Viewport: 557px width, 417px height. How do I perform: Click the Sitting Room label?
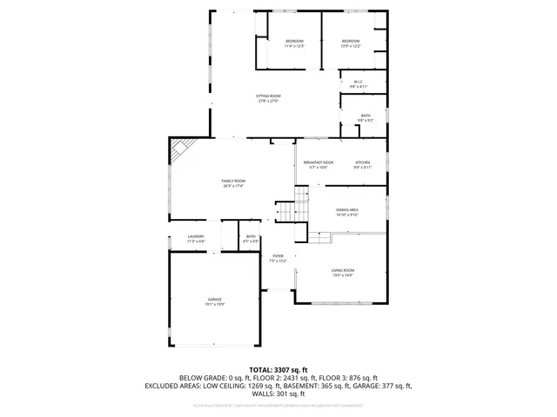click(x=268, y=98)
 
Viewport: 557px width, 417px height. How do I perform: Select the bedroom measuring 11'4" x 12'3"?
click(x=294, y=43)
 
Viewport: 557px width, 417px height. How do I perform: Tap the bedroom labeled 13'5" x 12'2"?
click(x=351, y=43)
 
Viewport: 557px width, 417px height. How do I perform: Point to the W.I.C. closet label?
click(x=359, y=84)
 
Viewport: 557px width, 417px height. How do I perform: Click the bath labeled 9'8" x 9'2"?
click(x=366, y=117)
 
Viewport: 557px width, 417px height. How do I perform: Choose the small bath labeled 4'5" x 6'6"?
click(x=251, y=238)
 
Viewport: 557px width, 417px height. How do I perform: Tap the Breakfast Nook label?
click(x=315, y=164)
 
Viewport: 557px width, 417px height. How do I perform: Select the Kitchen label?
click(x=362, y=164)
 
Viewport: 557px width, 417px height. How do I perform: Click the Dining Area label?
click(x=347, y=211)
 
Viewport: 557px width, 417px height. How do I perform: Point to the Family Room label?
click(x=232, y=182)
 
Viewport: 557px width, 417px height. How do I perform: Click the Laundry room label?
click(x=196, y=238)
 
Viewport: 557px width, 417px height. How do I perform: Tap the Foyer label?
click(x=277, y=258)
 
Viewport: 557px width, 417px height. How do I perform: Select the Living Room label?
click(x=342, y=273)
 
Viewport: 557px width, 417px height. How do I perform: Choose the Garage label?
click(x=214, y=301)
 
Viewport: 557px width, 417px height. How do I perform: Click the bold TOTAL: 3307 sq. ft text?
click(x=278, y=370)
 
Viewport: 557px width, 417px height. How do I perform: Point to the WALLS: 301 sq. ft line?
click(x=278, y=394)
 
